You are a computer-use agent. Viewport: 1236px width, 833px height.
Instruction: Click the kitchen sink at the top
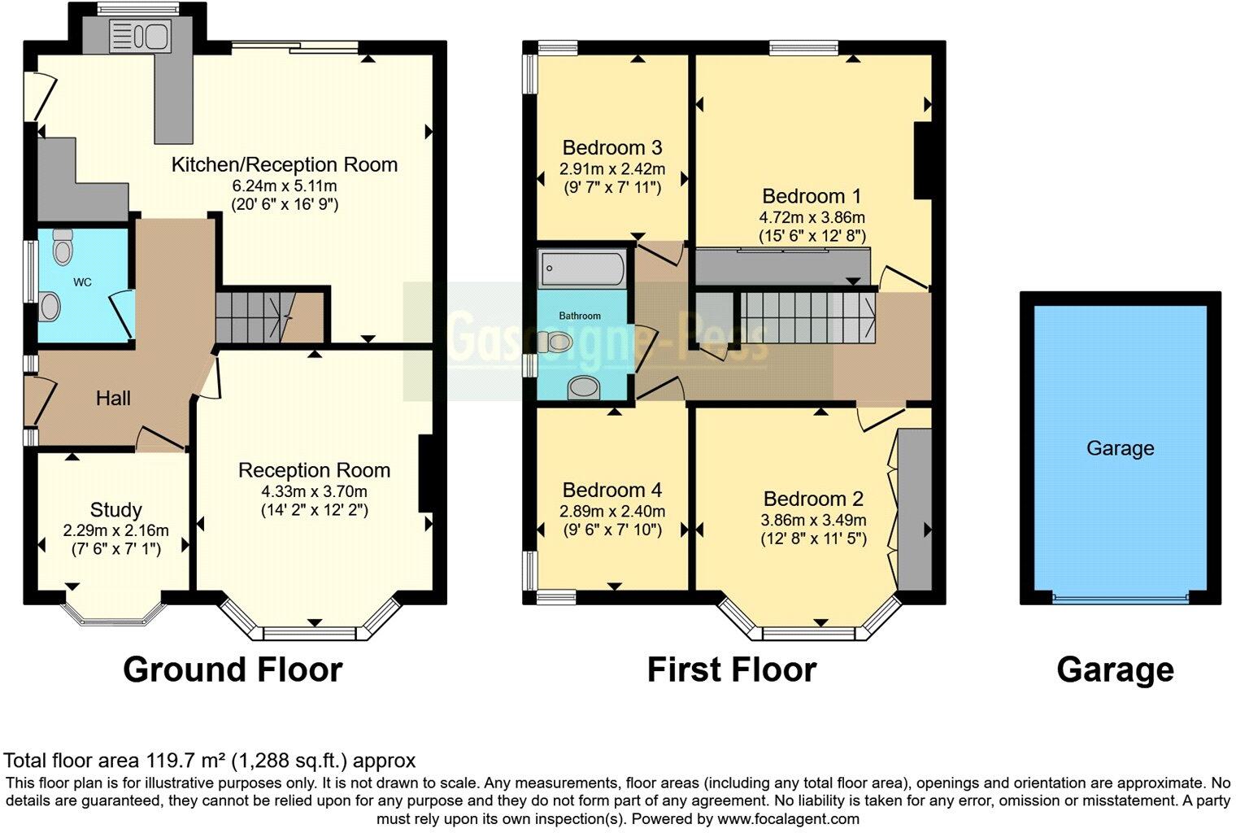pos(148,37)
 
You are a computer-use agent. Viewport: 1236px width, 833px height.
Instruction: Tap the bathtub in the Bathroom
pos(581,268)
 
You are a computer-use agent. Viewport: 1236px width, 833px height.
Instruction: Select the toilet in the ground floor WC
pos(62,247)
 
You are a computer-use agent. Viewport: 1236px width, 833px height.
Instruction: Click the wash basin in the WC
pos(50,307)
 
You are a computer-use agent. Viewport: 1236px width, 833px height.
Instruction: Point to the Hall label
pos(113,399)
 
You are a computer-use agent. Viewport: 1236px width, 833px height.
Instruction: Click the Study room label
pos(115,510)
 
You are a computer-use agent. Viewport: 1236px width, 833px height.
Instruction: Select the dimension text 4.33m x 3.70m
pos(314,491)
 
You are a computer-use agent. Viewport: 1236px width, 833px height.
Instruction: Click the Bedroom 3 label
pos(611,148)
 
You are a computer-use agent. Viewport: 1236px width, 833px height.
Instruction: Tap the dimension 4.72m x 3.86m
pos(812,217)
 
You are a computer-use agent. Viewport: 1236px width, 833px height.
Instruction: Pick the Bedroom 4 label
pos(611,490)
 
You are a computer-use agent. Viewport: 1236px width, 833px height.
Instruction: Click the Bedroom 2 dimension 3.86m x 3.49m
pos(813,520)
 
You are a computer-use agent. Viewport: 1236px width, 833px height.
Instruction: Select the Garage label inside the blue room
pos(1120,448)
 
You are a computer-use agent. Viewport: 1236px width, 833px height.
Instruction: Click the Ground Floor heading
pos(233,669)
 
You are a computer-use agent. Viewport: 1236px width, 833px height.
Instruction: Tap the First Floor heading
pos(731,669)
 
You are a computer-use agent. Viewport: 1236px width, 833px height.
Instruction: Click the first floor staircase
pos(805,317)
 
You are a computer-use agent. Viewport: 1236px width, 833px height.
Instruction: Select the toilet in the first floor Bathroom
pos(557,342)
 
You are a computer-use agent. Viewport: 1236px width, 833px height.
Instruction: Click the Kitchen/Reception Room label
pos(284,164)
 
